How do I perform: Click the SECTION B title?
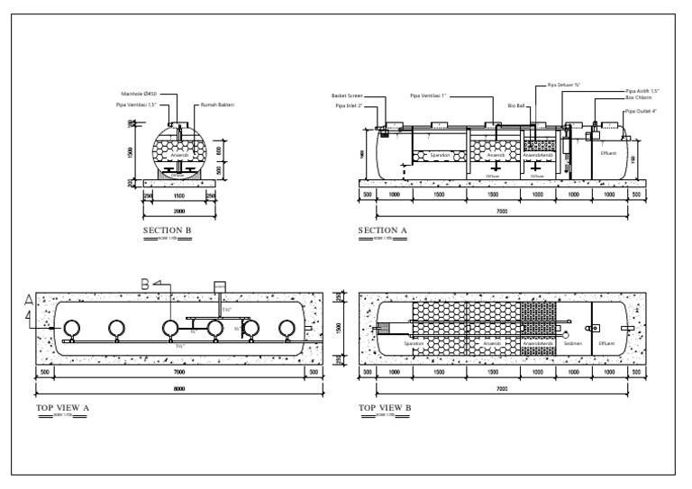click(x=168, y=231)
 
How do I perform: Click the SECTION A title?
click(x=383, y=231)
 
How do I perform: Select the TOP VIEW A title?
click(x=62, y=408)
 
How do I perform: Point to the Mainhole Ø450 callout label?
click(x=139, y=94)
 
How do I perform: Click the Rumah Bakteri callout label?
click(x=217, y=104)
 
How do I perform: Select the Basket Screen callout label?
click(x=347, y=95)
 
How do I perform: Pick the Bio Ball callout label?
click(x=515, y=105)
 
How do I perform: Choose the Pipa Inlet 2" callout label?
click(x=349, y=105)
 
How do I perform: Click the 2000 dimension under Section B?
click(x=179, y=211)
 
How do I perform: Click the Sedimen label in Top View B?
click(x=573, y=343)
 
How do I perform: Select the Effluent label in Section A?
click(x=609, y=154)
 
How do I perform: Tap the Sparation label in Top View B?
click(x=414, y=343)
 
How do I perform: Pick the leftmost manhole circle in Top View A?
click(x=71, y=328)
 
